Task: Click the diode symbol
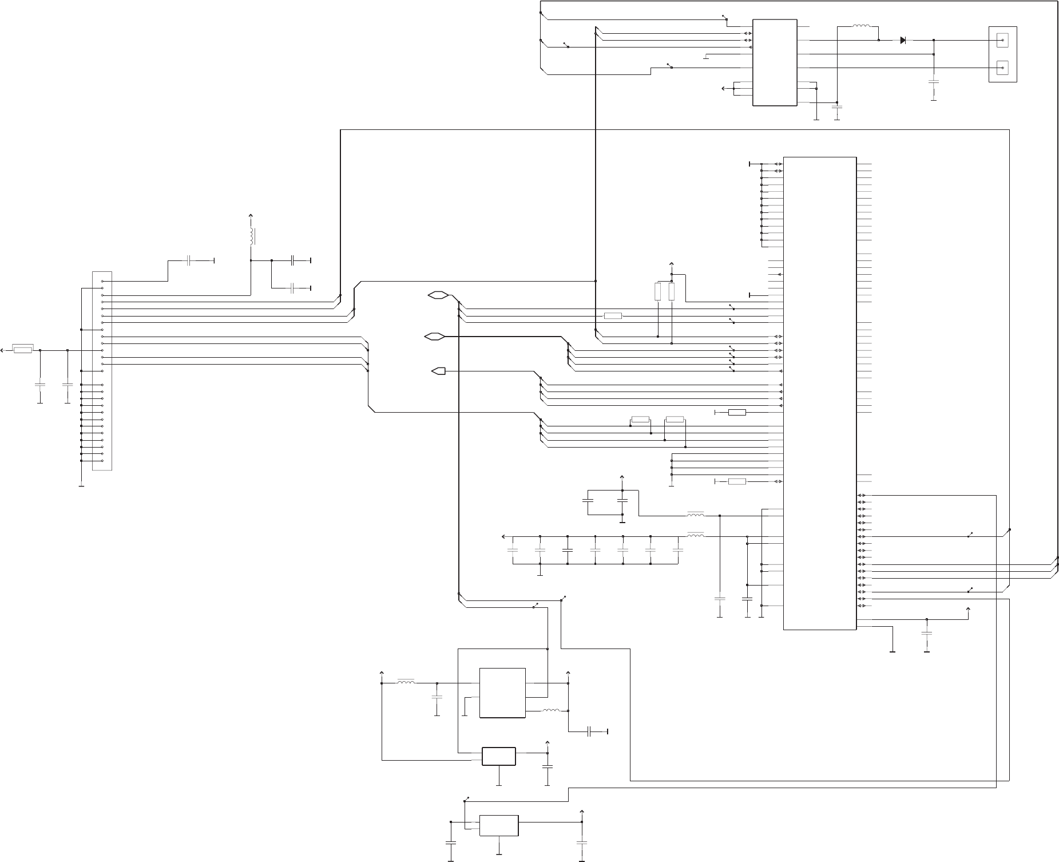pos(903,40)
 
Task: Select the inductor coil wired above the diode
pos(861,26)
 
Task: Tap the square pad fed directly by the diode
pos(1002,40)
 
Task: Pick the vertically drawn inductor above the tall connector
pos(251,236)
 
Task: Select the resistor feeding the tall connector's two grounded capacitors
pos(23,350)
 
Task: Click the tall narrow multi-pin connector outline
pos(102,371)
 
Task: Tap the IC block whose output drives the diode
pos(775,62)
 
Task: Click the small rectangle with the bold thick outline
pos(499,756)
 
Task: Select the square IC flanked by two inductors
pos(502,693)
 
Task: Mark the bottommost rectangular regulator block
pos(499,825)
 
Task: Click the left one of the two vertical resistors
pos(658,292)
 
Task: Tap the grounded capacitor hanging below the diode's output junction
pos(934,82)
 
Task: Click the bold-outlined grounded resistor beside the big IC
pos(737,412)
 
